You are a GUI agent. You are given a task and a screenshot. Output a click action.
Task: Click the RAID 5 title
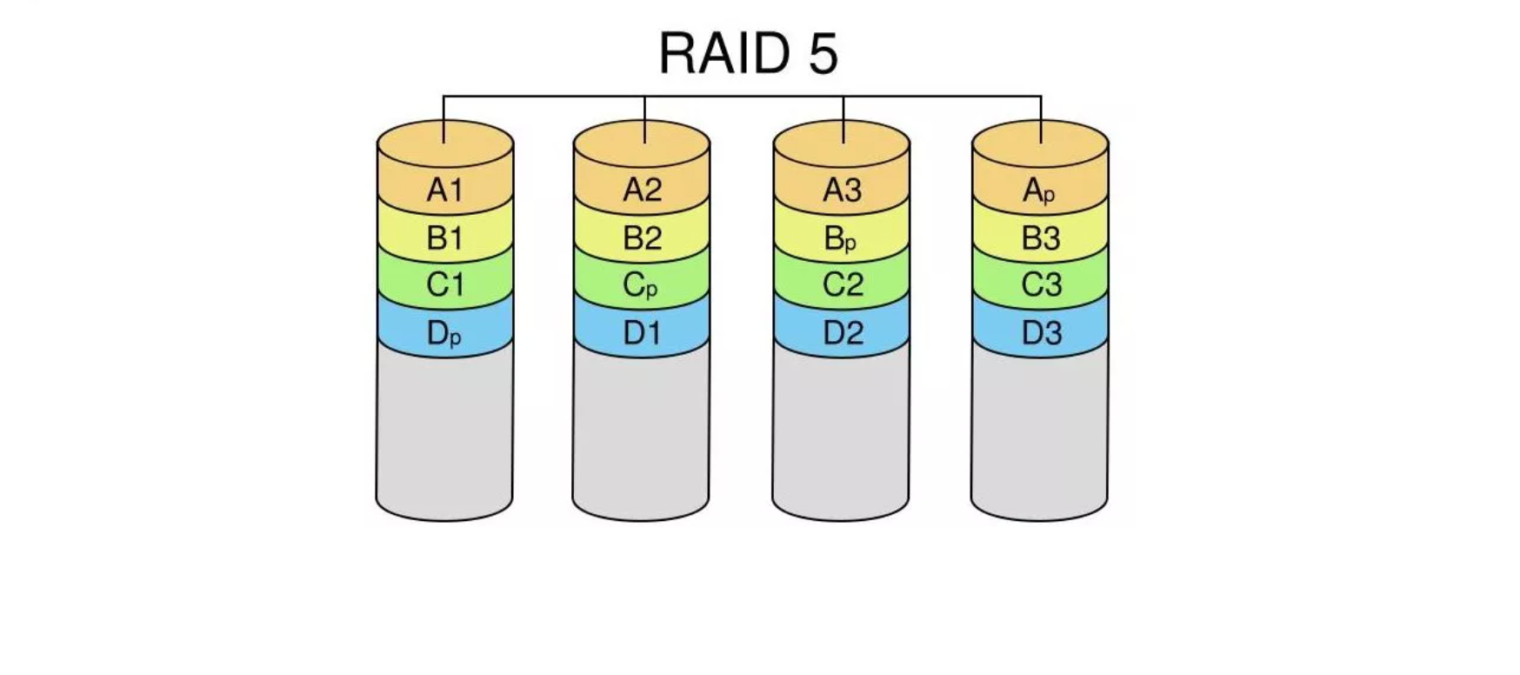(748, 53)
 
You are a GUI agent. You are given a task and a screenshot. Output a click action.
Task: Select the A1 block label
(444, 190)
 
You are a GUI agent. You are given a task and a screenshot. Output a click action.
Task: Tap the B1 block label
(444, 237)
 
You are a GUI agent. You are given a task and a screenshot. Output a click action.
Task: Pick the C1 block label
(444, 284)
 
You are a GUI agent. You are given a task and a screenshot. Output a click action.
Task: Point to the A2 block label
(643, 190)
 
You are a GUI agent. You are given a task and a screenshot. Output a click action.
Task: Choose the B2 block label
(643, 237)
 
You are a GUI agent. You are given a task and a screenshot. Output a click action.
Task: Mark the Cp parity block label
(641, 285)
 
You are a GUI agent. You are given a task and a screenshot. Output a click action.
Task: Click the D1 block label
(643, 333)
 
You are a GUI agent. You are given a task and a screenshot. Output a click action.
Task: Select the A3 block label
(842, 190)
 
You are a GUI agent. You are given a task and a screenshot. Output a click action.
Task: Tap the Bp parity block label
(840, 238)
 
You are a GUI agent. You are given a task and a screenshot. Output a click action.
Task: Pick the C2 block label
(842, 284)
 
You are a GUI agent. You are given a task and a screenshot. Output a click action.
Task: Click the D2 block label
(842, 333)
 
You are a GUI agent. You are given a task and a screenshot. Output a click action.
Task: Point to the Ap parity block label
(1039, 190)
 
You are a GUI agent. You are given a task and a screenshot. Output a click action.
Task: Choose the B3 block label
(1040, 237)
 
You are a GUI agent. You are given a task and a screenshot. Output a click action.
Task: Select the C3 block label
(1040, 284)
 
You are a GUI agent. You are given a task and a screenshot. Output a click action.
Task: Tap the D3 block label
(1040, 333)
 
